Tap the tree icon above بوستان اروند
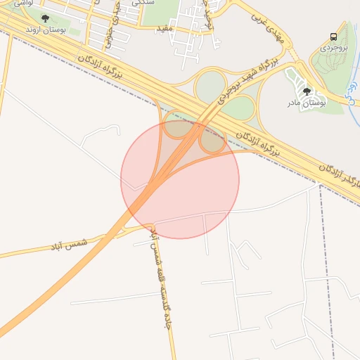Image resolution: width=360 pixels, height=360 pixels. coord(46,18)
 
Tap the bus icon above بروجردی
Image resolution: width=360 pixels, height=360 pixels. coord(333,37)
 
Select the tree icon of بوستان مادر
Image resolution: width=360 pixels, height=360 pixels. coord(306,91)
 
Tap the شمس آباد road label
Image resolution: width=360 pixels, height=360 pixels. coord(67,245)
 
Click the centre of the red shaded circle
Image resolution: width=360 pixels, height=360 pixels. coord(180,179)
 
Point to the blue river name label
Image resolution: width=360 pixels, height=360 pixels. coord(354,89)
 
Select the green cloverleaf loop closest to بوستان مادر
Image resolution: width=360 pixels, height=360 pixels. coord(239,107)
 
